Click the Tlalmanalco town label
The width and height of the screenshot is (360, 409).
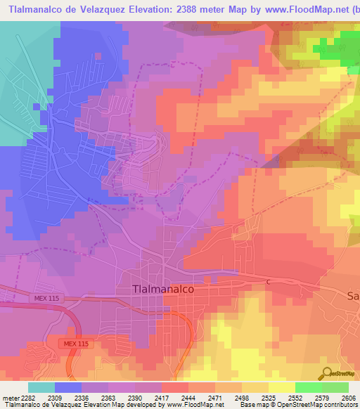[162, 289]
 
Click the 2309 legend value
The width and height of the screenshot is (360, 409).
[54, 397]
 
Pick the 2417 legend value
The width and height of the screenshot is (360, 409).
[161, 397]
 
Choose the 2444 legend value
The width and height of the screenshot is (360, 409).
[188, 397]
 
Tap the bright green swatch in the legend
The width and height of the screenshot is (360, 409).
[308, 387]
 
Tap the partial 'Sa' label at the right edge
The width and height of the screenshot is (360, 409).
[353, 296]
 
